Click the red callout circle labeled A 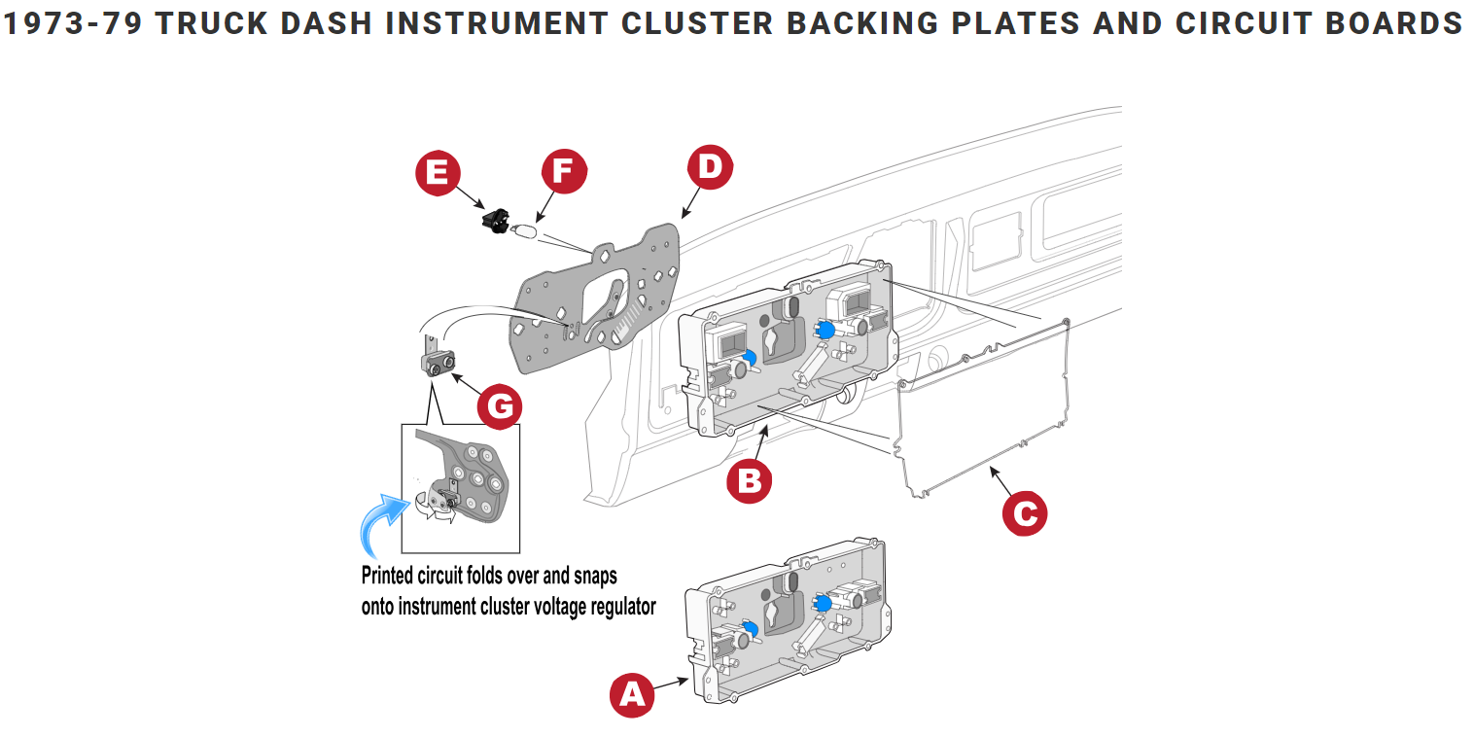point(632,694)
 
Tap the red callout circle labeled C point(1025,512)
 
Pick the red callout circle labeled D point(710,167)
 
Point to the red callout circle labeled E point(438,172)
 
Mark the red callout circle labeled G point(499,406)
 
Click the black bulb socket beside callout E point(498,221)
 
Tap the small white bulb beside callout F point(525,232)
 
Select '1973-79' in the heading point(74,23)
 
